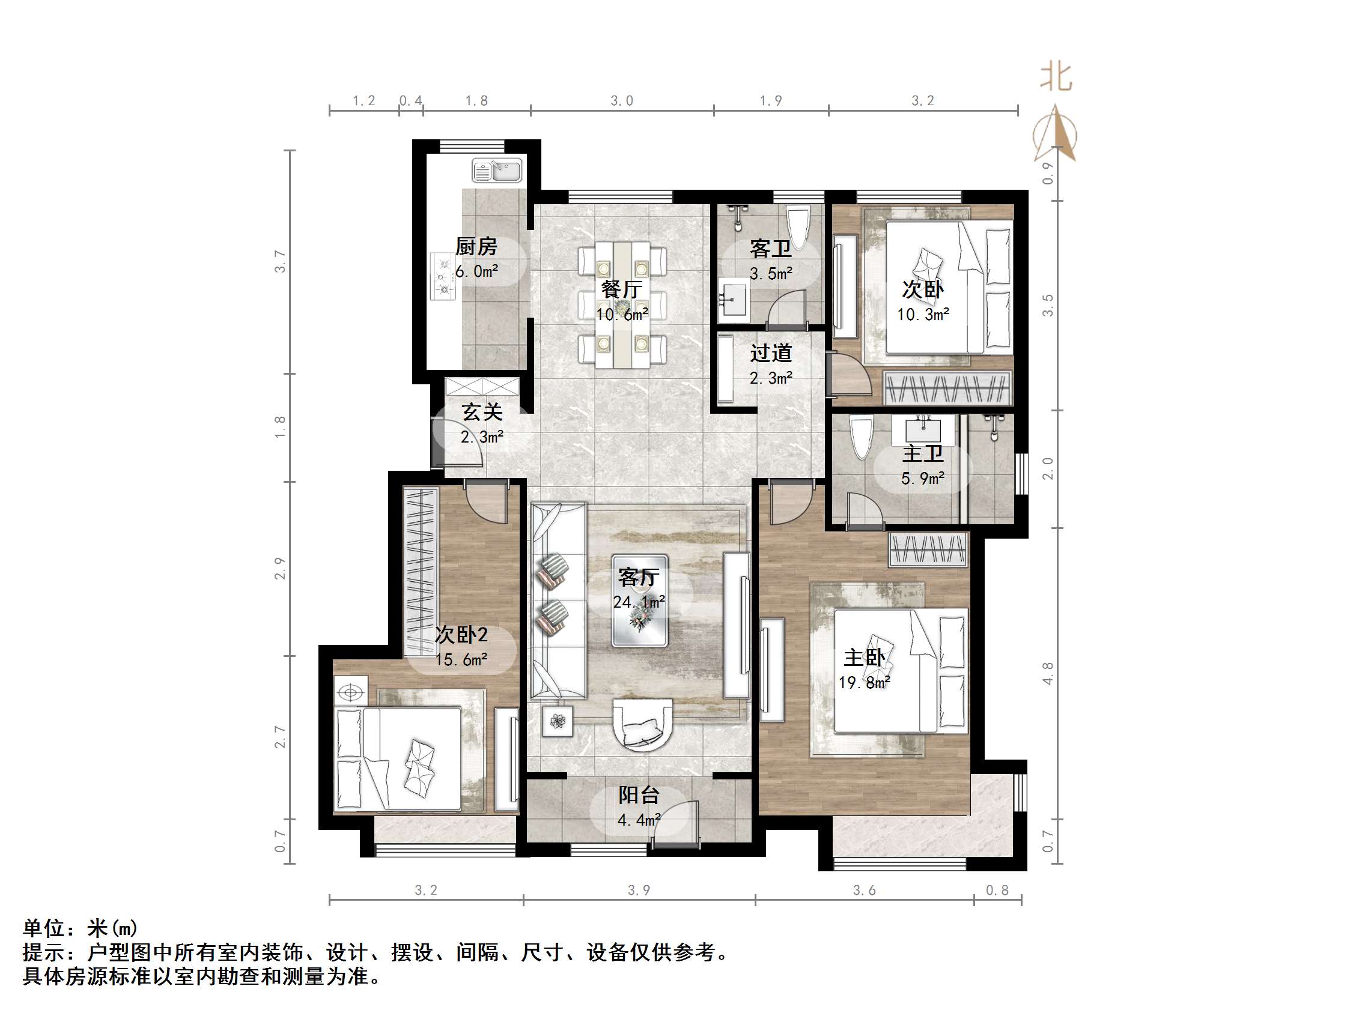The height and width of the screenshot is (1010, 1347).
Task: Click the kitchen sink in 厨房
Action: tap(497, 171)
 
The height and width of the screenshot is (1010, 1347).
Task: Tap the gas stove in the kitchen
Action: tap(443, 276)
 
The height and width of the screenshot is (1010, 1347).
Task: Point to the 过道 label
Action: tap(771, 353)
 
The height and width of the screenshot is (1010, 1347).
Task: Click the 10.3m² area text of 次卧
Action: tap(923, 315)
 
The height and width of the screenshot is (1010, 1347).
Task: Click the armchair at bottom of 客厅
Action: tap(642, 725)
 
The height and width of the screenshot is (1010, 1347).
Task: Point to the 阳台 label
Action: tap(639, 795)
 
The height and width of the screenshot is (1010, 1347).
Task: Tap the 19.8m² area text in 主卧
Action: tap(864, 683)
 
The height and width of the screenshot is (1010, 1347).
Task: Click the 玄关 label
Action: tap(482, 412)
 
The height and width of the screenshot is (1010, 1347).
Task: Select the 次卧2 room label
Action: tap(461, 635)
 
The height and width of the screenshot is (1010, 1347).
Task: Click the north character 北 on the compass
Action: tap(1056, 77)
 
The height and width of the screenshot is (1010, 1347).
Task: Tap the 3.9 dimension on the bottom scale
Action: tap(639, 890)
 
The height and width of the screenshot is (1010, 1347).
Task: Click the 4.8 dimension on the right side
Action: tap(1047, 673)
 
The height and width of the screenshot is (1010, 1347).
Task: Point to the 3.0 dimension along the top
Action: tap(622, 100)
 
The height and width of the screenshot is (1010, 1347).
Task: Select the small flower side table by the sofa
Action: tap(558, 721)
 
